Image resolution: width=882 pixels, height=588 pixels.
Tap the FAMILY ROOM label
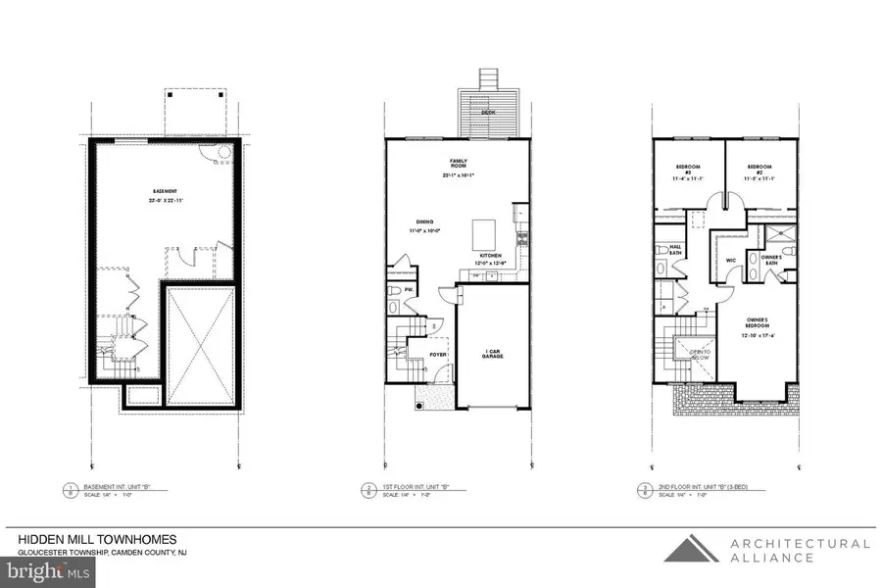point(458,164)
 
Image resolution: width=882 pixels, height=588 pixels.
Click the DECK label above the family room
point(487,113)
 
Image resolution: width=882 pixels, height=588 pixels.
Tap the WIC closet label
point(730,260)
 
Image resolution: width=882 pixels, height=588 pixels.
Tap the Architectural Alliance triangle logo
point(689,549)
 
